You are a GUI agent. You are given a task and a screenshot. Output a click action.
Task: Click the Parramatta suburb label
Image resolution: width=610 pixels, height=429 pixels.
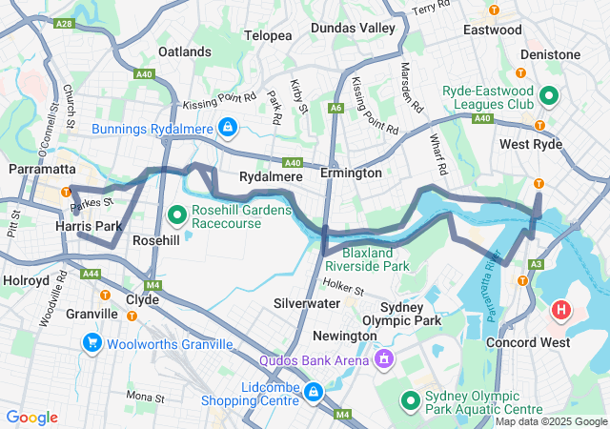pos(41,169)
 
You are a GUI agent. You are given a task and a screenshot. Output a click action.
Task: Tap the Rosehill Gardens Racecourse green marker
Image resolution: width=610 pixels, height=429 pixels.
pos(176,214)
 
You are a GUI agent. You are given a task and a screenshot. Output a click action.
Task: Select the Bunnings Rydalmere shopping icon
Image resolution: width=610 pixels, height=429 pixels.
pos(228,126)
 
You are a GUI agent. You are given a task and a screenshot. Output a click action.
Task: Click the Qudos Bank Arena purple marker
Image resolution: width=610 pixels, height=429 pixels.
pos(383,359)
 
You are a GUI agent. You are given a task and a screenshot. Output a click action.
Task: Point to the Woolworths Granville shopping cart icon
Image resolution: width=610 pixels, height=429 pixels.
pos(92,342)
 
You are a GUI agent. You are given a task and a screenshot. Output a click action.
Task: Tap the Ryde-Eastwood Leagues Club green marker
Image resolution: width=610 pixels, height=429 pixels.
pos(550,95)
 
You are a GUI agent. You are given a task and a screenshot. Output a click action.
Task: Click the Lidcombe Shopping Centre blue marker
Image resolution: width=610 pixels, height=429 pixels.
pos(314,390)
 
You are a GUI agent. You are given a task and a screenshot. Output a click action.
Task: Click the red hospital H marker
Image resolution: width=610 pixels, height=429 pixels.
pos(561,310)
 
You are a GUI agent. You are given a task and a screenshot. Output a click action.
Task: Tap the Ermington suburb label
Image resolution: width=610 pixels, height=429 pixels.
pos(351,174)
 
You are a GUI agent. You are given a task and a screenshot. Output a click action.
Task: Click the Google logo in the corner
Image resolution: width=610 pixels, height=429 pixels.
pos(32,418)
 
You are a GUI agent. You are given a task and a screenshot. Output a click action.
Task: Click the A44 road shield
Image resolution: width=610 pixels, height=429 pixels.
pos(91,274)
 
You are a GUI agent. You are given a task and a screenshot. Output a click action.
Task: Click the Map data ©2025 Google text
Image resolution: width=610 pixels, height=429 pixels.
pos(551,421)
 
